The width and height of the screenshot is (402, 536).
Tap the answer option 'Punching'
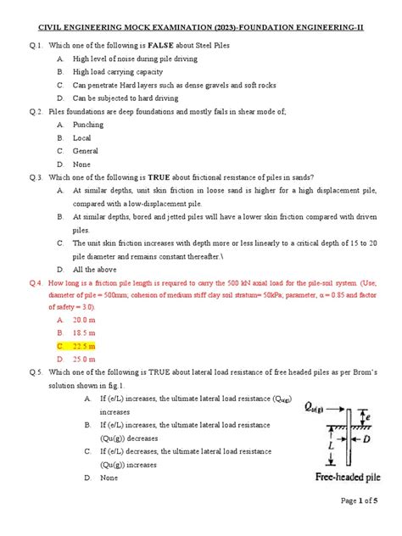point(87,124)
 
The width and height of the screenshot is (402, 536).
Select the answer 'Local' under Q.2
point(82,137)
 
